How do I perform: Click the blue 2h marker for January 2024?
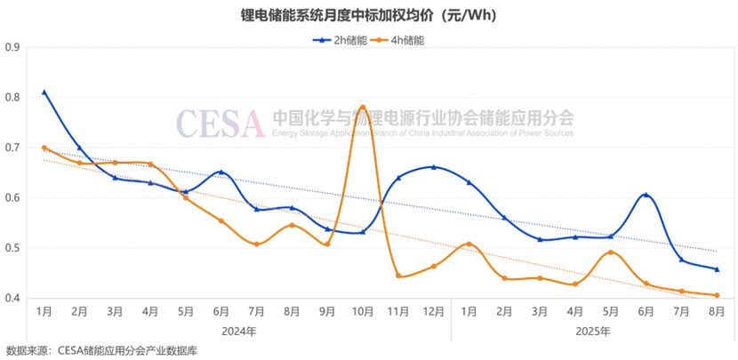click(x=44, y=92)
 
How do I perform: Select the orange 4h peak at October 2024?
click(x=363, y=107)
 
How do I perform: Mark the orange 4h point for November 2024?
click(x=398, y=276)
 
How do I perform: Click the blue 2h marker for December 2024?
click(x=433, y=167)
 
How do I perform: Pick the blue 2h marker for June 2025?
click(x=646, y=195)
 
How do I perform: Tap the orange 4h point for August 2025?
click(x=717, y=295)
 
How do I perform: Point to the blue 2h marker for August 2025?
click(x=717, y=269)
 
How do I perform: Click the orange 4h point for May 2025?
click(x=611, y=252)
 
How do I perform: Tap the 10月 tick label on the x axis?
click(x=363, y=311)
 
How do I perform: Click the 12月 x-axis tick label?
click(x=433, y=311)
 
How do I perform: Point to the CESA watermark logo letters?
click(x=220, y=123)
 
